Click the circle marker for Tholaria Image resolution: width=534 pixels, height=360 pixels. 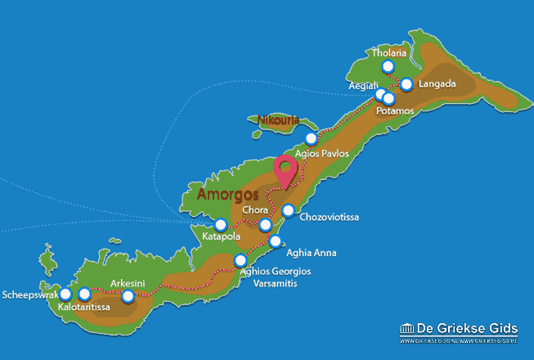coord(388,67)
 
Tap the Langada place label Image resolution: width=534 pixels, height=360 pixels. coord(437,84)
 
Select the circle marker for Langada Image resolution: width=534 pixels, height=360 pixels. coord(407,83)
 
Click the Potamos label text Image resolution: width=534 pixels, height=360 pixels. coord(395,110)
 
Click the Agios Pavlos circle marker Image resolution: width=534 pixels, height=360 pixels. coord(311,138)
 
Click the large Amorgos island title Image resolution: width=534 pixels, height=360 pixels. coord(227,196)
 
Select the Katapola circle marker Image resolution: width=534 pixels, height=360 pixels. coord(220,224)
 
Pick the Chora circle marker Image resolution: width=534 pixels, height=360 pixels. coord(265,225)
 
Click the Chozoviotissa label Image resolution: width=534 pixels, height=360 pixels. coord(329,218)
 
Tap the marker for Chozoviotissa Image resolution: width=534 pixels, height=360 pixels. coord(288,211)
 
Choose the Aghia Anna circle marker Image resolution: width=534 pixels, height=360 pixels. coord(276,241)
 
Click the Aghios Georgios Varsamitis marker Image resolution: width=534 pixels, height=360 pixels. coord(240,261)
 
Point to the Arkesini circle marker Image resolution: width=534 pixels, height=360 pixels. coord(128,296)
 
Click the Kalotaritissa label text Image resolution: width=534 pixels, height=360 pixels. coord(85,308)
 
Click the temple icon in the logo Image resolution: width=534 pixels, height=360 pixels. coord(408,329)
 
